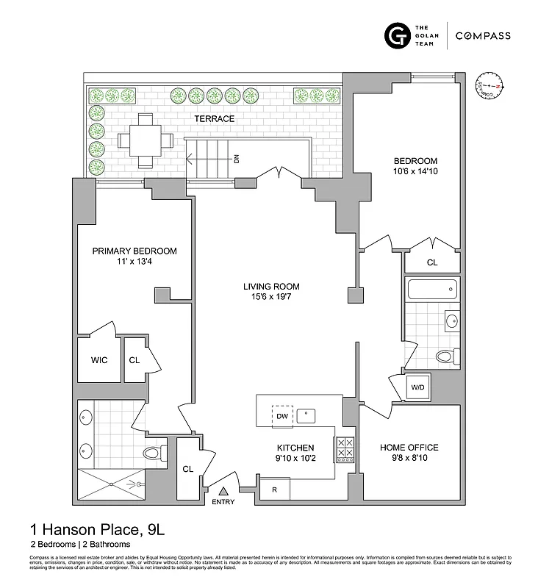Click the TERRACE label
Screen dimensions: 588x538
[x=214, y=118]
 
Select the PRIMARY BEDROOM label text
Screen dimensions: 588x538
[x=134, y=251]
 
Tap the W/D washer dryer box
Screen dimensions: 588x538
[x=417, y=387]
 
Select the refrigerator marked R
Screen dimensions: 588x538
[x=273, y=489]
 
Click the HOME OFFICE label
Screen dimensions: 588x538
[x=409, y=448]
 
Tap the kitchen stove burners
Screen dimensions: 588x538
[x=344, y=450]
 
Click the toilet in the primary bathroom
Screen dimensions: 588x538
[x=152, y=453]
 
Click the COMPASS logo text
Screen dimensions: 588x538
[x=483, y=35]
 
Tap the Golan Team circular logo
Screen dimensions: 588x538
[x=398, y=35]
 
